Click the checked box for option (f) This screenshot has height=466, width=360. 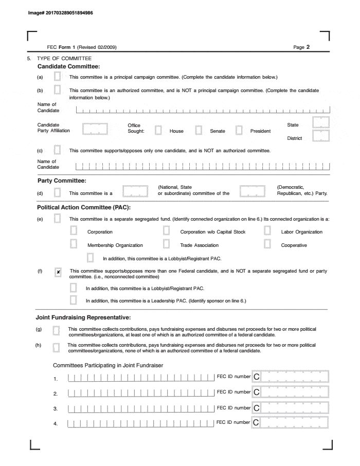(x=58, y=271)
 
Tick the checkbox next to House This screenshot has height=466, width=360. (x=159, y=131)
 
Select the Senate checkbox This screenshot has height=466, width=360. (x=199, y=131)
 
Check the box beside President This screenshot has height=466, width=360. (x=239, y=131)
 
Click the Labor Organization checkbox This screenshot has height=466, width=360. (x=267, y=231)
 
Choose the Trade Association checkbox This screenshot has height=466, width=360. (x=167, y=245)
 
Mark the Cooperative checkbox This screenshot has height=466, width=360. (x=267, y=245)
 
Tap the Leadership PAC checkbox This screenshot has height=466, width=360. (x=74, y=300)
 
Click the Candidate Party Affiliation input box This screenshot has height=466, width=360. (x=95, y=129)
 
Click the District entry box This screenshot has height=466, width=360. (x=321, y=137)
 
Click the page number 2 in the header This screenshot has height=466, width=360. (x=308, y=47)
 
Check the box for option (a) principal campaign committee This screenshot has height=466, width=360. (x=58, y=77)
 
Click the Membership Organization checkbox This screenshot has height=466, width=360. (x=74, y=245)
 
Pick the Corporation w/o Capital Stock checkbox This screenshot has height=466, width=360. (x=167, y=231)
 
